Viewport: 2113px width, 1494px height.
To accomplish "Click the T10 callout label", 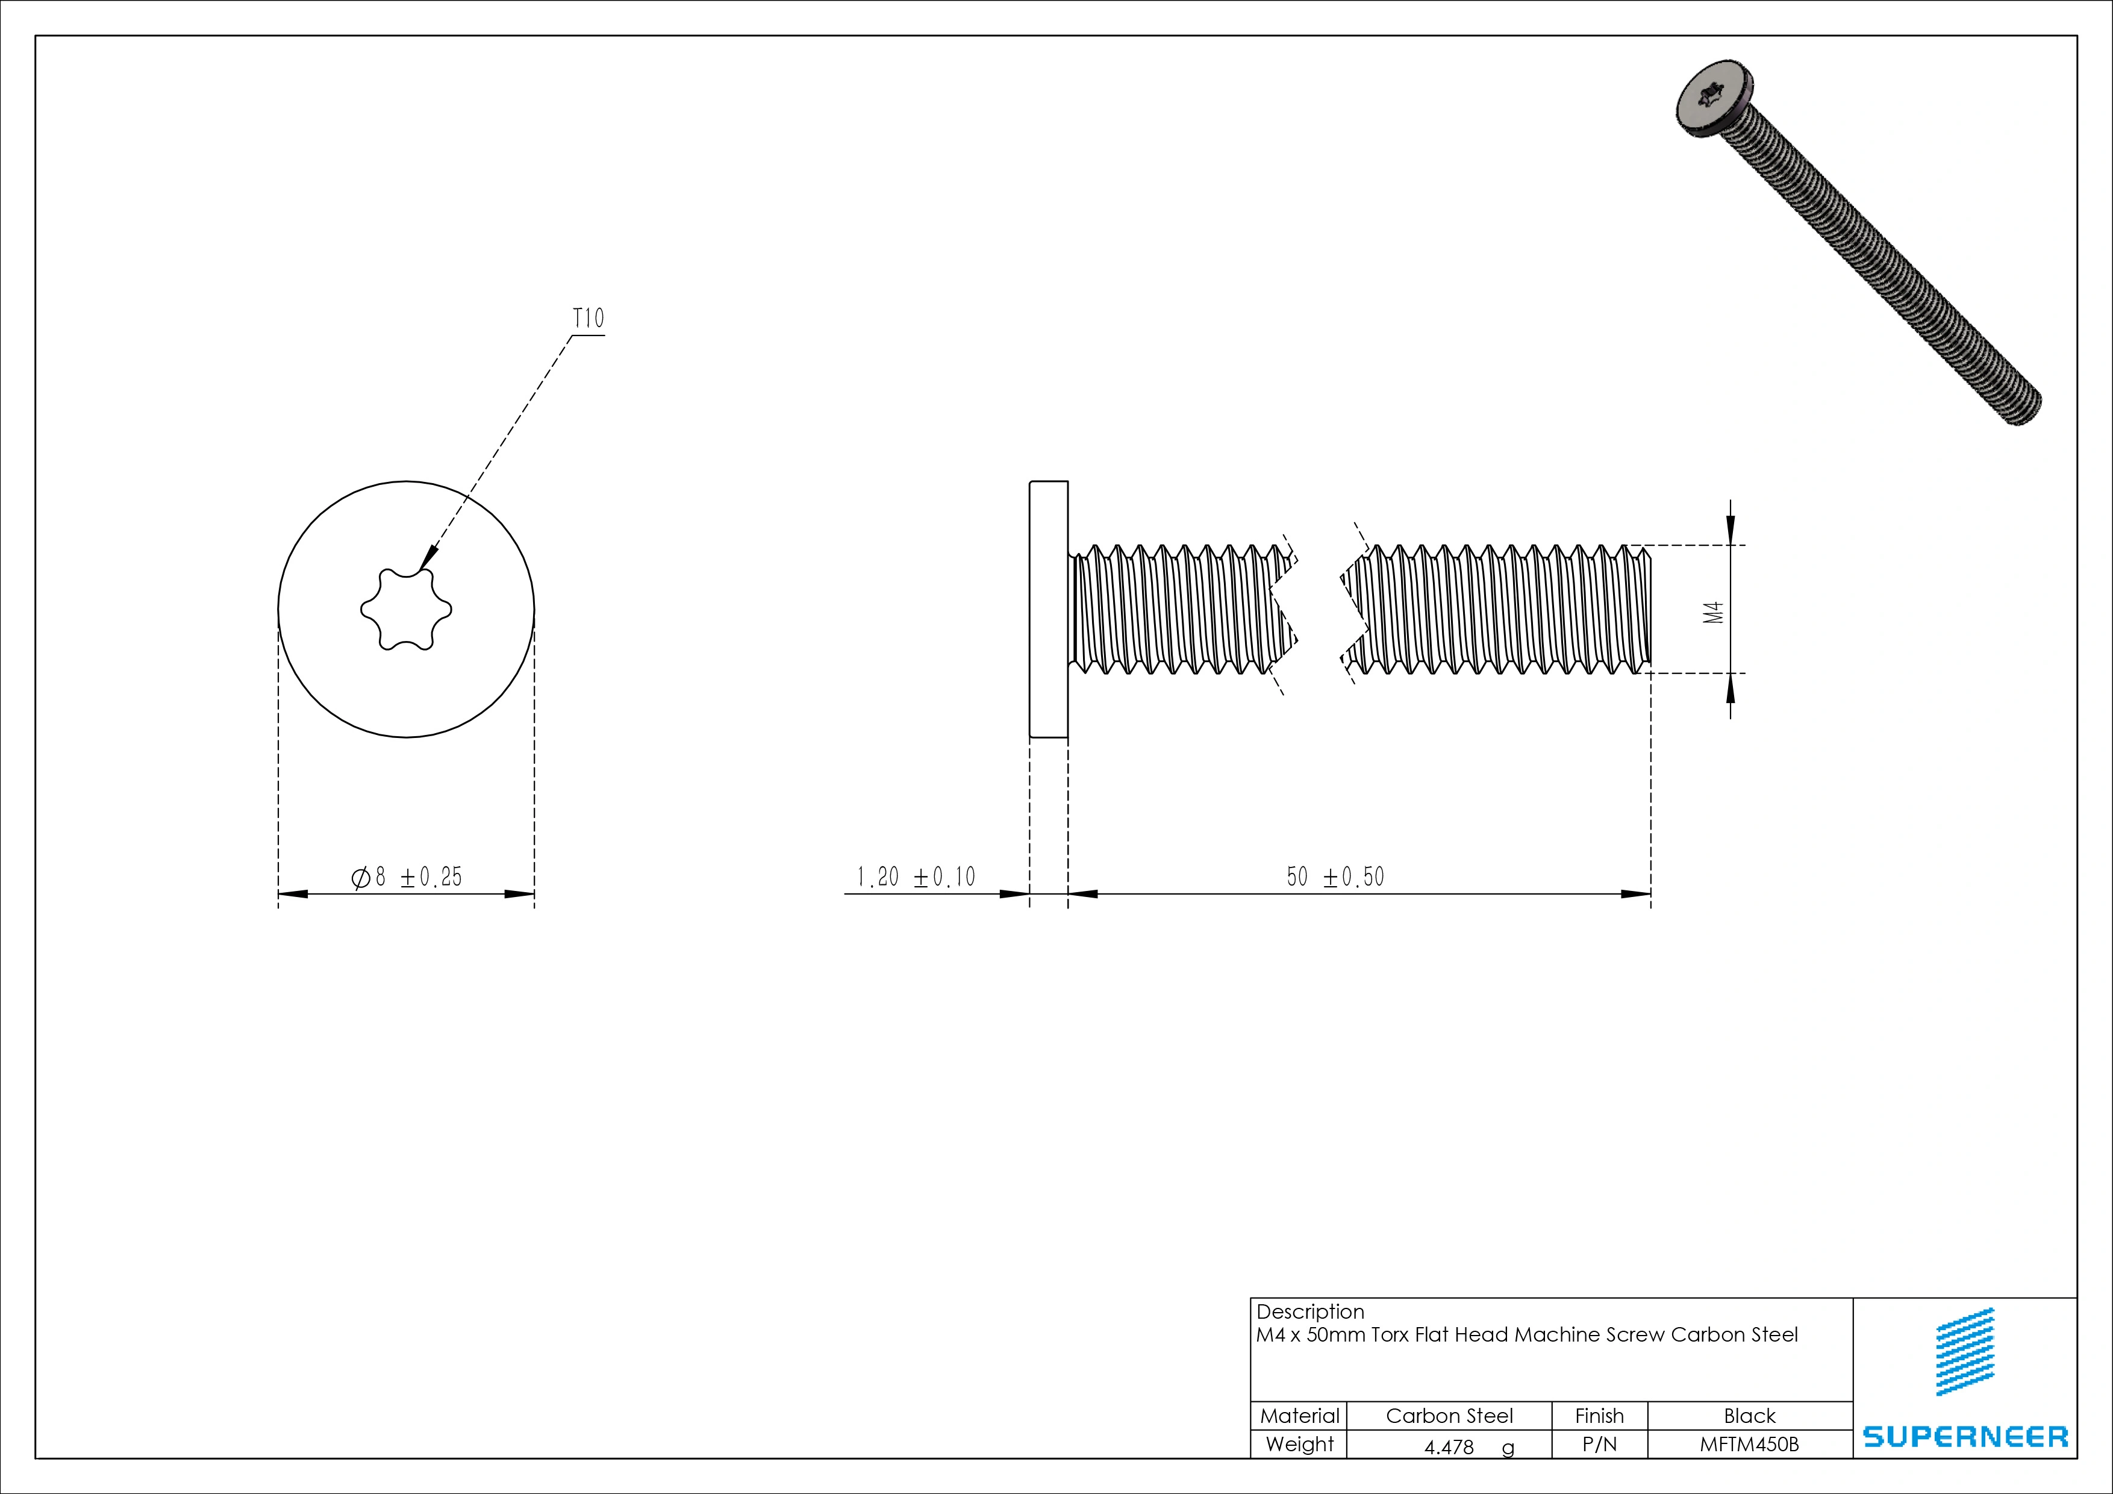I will click(588, 319).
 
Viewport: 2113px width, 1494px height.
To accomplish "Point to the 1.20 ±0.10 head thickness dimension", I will click(916, 877).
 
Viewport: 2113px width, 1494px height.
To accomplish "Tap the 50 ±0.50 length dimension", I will click(1335, 877).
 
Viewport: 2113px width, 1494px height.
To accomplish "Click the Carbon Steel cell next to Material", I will click(1449, 1416).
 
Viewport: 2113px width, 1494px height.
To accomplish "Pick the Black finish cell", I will click(1749, 1416).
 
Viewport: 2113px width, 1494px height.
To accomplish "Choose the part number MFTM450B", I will click(1749, 1444).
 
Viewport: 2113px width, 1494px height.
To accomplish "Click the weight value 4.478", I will click(1449, 1447).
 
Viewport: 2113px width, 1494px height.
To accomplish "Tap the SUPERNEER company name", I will click(1965, 1436).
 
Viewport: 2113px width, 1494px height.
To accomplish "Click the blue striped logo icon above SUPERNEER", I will click(1965, 1351).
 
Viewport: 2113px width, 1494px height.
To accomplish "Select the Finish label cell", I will click(1599, 1416).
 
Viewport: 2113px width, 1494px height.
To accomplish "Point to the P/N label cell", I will click(1599, 1444).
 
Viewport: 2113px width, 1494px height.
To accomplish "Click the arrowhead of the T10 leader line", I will click(428, 560).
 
